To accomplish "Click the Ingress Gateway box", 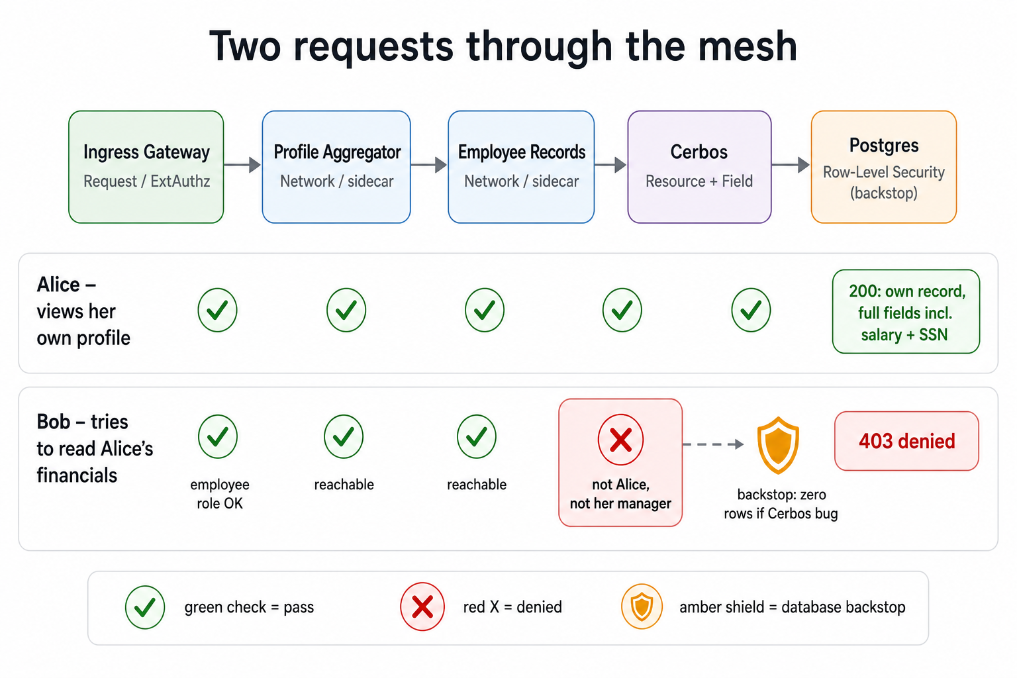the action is [x=146, y=167].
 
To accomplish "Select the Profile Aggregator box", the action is [x=336, y=167].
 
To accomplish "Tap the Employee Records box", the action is [x=521, y=167].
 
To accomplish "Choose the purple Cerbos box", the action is [x=699, y=167].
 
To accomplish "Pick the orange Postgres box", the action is [x=884, y=167].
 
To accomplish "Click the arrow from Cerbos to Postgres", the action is [x=791, y=164].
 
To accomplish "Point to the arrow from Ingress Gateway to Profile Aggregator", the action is [x=242, y=164].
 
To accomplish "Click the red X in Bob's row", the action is [x=620, y=440].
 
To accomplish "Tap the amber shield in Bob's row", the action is [x=778, y=445].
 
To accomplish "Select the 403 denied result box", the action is [x=906, y=441].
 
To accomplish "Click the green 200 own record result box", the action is [x=906, y=312].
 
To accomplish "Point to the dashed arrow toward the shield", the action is [x=713, y=444].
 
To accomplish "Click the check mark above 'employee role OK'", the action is [x=217, y=436].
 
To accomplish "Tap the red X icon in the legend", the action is [x=422, y=606].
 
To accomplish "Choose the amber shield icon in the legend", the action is [x=642, y=606].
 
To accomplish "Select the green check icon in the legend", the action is [x=145, y=607].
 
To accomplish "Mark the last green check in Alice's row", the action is [x=751, y=310].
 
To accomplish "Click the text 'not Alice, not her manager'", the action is [x=620, y=494].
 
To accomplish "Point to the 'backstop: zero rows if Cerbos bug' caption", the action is [x=781, y=504].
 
